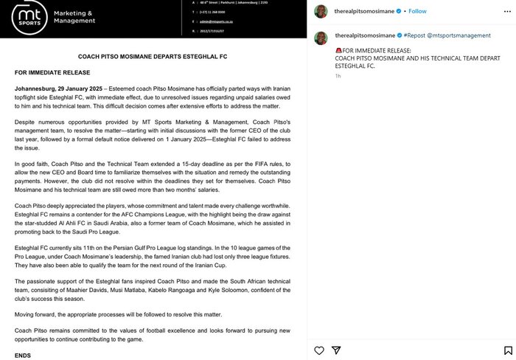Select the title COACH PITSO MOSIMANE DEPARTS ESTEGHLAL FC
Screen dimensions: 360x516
coord(153,56)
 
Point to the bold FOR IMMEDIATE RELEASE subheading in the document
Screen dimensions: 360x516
coord(52,72)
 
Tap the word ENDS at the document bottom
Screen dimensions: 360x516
coord(23,355)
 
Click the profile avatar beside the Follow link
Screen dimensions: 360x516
coord(321,11)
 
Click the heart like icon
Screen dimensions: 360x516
coord(318,350)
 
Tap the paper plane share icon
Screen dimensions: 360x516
coord(336,350)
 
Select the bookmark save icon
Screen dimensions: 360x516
coord(509,350)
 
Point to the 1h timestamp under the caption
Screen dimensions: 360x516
coord(338,76)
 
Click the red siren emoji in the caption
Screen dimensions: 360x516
coord(338,50)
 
